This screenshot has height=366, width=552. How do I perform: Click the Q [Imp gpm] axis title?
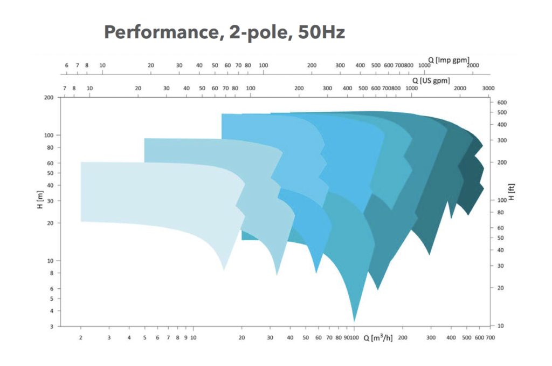click(448, 59)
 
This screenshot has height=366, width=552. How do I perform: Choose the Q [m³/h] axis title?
click(377, 338)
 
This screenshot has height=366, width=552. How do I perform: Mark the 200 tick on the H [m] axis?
click(49, 98)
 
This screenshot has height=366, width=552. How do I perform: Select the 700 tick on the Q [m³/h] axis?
click(489, 337)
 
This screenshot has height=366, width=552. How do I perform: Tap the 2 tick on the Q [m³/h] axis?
click(81, 337)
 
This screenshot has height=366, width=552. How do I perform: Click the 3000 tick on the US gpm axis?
click(488, 88)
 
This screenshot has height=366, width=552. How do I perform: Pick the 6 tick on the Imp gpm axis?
click(67, 65)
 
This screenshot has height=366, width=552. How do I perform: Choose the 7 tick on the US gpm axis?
click(65, 88)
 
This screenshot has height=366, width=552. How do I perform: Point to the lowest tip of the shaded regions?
click(354, 321)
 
